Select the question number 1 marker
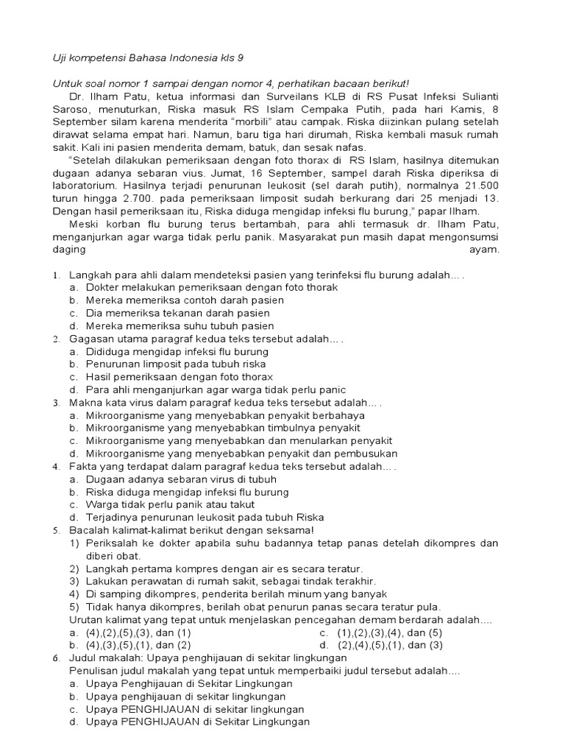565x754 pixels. (x=56, y=275)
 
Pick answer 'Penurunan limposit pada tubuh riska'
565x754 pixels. (x=177, y=364)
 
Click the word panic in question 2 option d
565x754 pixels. (x=330, y=390)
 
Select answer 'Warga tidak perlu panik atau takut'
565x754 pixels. (x=170, y=504)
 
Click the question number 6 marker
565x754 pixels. (x=56, y=658)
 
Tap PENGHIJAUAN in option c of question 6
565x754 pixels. (x=159, y=709)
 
